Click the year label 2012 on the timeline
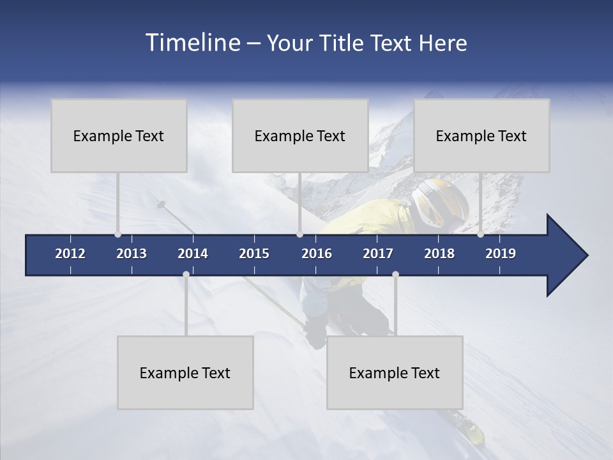coord(70,254)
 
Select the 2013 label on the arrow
coord(132,254)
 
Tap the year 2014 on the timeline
coord(193,254)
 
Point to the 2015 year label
coord(254,254)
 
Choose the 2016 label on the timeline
coord(317,254)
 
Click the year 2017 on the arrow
coord(378,254)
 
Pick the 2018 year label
coord(439,254)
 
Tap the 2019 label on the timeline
coord(501,254)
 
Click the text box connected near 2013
coord(119,135)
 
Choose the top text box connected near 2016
coord(300,135)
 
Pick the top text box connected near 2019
coord(481,135)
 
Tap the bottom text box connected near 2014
coord(185,372)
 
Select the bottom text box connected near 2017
coord(395,372)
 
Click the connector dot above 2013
coord(117,234)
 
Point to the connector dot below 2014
coord(186,275)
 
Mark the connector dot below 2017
coord(395,275)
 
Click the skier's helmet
coord(440,201)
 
